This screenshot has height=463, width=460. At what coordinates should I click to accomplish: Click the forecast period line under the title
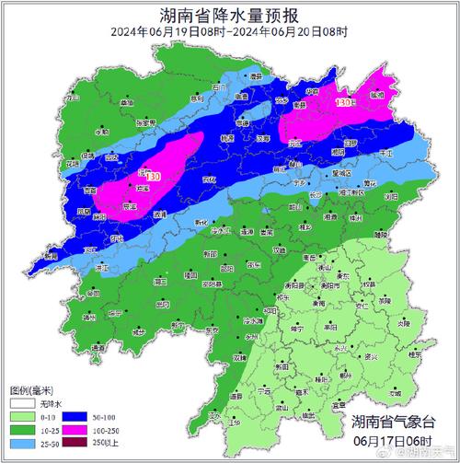(x=229, y=32)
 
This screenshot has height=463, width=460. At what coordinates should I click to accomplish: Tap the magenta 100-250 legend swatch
(x=75, y=429)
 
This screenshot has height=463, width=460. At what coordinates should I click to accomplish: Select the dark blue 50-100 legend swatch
(x=75, y=415)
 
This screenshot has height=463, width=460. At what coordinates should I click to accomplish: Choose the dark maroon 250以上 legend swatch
(x=75, y=443)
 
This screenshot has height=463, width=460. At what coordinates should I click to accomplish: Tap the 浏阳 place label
(x=367, y=197)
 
